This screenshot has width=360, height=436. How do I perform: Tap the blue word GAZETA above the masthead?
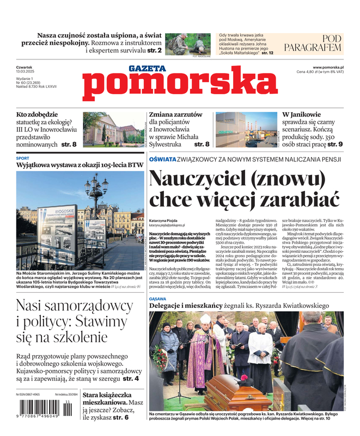point(147,69)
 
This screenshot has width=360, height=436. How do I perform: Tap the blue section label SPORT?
point(23,158)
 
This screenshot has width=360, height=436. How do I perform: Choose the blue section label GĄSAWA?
point(158,299)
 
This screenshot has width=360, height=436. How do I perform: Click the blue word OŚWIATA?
point(162,159)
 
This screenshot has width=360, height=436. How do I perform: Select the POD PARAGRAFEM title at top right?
point(324,43)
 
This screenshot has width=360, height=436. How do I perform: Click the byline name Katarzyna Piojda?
point(164,220)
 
